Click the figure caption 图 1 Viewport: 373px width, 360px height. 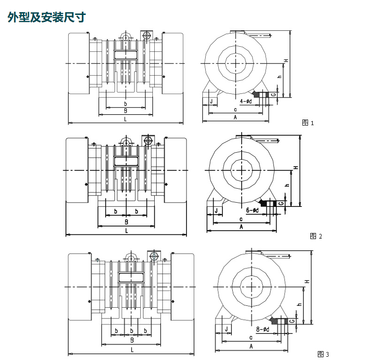(x=308, y=123)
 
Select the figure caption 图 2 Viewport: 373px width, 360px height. (x=316, y=236)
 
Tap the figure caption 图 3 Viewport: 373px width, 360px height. (x=323, y=353)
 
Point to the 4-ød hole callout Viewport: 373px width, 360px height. (x=246, y=101)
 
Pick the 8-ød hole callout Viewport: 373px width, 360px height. (x=263, y=330)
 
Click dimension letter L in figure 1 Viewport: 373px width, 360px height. (x=125, y=119)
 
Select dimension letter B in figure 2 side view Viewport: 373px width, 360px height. (x=126, y=221)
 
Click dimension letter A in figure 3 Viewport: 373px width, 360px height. (x=251, y=346)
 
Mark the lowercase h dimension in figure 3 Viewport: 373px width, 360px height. (x=300, y=304)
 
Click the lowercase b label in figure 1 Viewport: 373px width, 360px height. (x=125, y=103)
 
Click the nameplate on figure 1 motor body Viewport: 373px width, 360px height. (x=126, y=55)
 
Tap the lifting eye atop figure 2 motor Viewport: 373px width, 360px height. (x=126, y=141)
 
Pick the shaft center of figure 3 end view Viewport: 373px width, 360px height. (x=251, y=286)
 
